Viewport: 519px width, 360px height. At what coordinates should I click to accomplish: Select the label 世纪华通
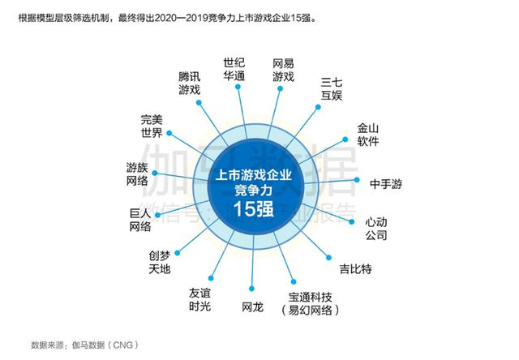click(x=234, y=69)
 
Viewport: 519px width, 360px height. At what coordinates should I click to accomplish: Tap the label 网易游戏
click(x=283, y=69)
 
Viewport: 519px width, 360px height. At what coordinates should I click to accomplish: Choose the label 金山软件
click(x=369, y=135)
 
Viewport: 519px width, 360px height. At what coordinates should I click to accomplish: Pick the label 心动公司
click(x=375, y=228)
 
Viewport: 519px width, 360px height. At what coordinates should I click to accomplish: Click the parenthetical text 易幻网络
click(x=309, y=311)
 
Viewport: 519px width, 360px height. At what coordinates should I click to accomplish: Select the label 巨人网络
click(x=140, y=220)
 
